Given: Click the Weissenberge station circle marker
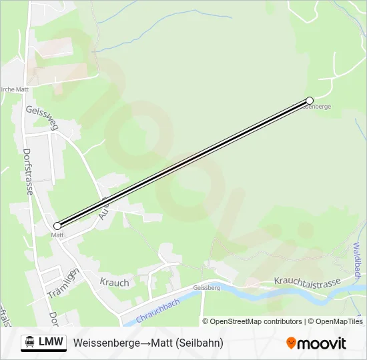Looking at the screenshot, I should pyautogui.click(x=310, y=101).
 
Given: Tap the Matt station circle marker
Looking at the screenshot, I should pyautogui.click(x=57, y=226).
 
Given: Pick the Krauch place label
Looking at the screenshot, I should pyautogui.click(x=114, y=283).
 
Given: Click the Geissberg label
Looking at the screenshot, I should pyautogui.click(x=206, y=288).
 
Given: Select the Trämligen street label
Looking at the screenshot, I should pyautogui.click(x=63, y=283).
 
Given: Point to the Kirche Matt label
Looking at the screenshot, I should pyautogui.click(x=13, y=89).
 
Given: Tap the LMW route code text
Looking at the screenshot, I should pyautogui.click(x=51, y=342).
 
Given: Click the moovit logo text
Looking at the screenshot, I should pyautogui.click(x=322, y=343).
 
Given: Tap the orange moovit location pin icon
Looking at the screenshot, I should pyautogui.click(x=291, y=343).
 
